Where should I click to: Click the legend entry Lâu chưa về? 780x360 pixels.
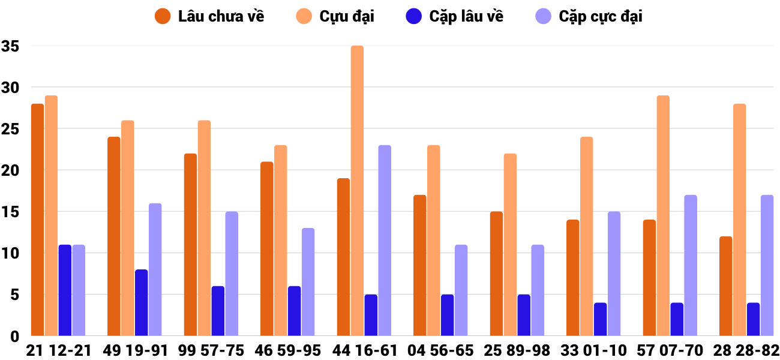click(209, 16)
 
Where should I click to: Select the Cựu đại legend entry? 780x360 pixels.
click(335, 16)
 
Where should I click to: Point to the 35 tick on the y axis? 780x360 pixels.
click(11, 46)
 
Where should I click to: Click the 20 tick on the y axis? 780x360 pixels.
click(11, 170)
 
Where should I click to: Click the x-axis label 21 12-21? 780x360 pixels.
click(58, 350)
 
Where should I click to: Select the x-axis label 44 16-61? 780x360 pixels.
click(364, 350)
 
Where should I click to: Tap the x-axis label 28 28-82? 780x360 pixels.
click(746, 350)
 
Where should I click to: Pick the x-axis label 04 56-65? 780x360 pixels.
click(440, 350)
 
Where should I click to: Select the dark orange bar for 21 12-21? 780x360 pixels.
click(38, 220)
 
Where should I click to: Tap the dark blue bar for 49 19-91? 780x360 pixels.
click(142, 302)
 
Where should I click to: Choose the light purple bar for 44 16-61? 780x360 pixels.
click(385, 240)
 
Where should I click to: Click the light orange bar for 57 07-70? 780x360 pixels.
click(663, 215)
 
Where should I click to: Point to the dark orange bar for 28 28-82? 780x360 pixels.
click(726, 286)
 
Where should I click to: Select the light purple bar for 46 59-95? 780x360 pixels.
click(308, 281)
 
